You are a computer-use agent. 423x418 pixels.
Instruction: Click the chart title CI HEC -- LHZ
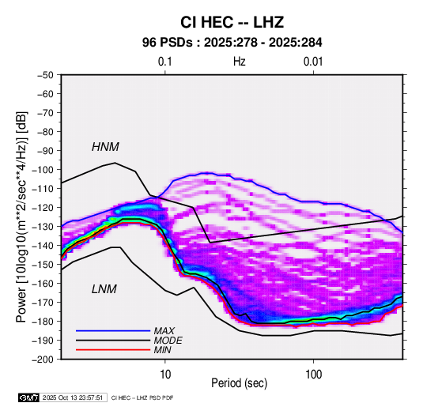(232, 22)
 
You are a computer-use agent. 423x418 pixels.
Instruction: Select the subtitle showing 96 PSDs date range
(232, 43)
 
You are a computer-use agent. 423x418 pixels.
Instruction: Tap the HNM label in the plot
(105, 147)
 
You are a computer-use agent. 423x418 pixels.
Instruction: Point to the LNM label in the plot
(104, 289)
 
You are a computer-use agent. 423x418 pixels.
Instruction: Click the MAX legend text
(164, 330)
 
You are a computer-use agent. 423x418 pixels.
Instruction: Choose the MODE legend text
(168, 341)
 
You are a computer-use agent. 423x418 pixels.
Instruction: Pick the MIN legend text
(162, 350)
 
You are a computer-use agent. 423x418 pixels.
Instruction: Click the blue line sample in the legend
(113, 330)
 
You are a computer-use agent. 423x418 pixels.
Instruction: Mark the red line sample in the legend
(113, 350)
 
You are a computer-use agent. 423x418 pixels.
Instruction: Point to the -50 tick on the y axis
(45, 75)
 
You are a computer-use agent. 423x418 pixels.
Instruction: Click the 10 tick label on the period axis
(165, 375)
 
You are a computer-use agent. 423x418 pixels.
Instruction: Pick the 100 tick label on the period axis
(313, 375)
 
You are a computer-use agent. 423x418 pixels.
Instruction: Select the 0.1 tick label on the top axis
(164, 62)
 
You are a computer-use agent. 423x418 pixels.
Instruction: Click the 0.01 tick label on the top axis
(313, 62)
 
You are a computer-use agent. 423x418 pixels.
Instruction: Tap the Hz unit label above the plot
(240, 62)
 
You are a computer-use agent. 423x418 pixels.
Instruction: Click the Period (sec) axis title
(240, 383)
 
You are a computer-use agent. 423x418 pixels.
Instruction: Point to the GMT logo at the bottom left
(28, 397)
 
